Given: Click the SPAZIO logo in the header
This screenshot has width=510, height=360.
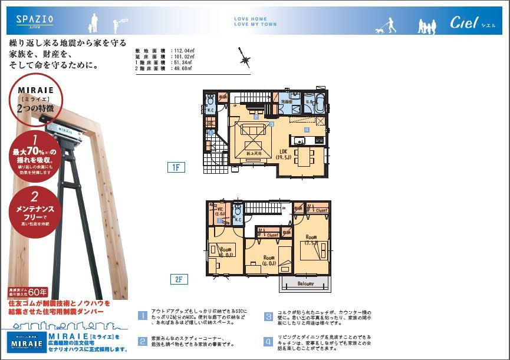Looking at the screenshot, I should (x=35, y=19).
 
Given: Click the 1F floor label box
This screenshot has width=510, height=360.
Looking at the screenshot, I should (x=176, y=167).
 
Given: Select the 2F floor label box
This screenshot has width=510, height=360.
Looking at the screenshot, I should (x=178, y=279).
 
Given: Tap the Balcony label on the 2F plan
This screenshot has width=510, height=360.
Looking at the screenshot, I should (x=305, y=283).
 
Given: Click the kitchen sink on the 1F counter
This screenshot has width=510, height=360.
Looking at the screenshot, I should (x=298, y=140).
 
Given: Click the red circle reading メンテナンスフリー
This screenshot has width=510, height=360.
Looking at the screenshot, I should (x=35, y=210).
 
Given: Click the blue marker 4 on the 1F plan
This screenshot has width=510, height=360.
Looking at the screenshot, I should (x=307, y=129).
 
